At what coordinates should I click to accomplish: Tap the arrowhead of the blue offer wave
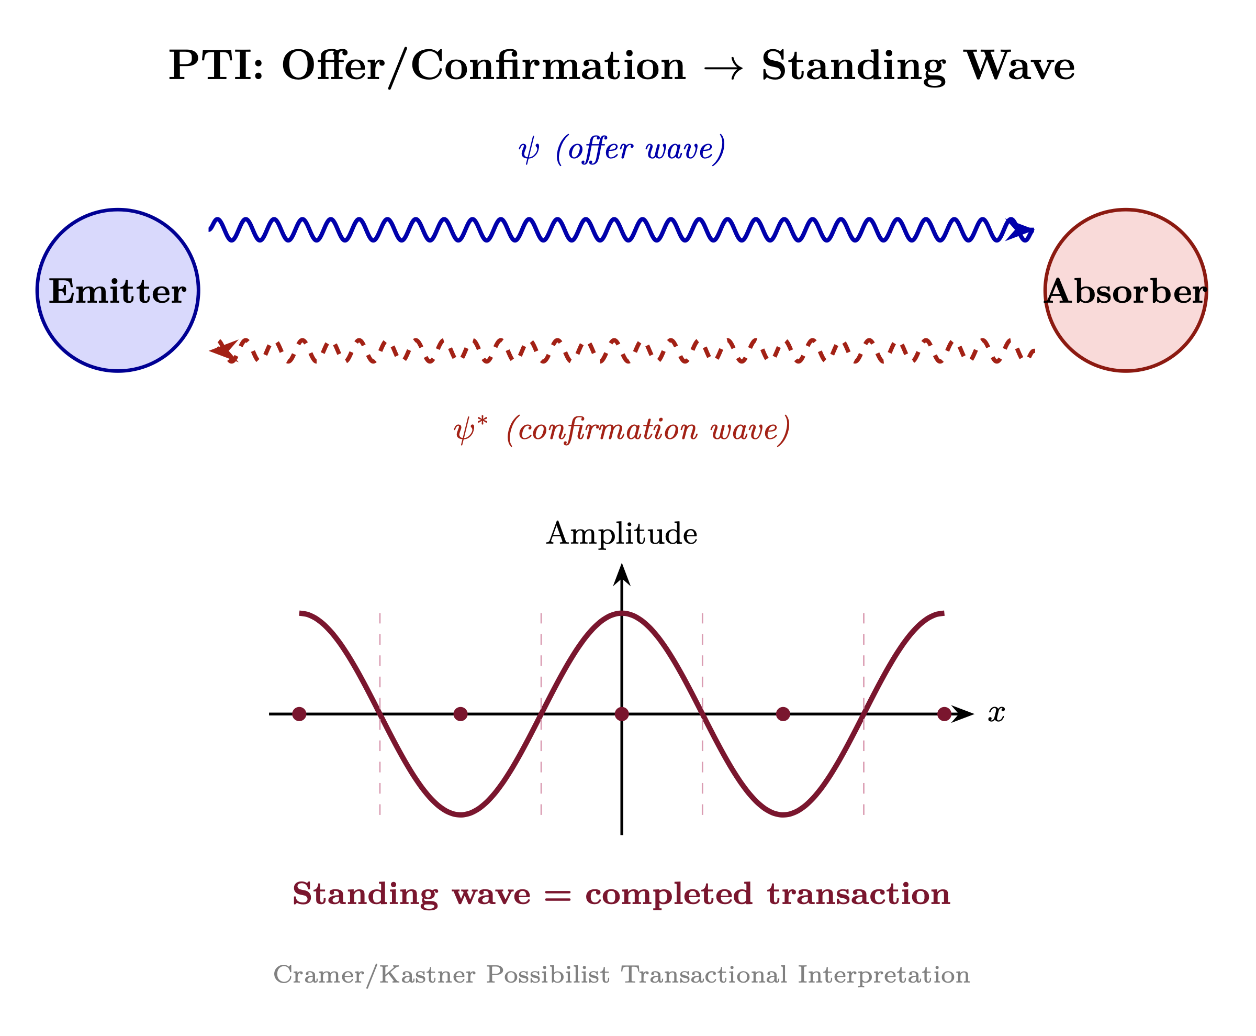click(x=1021, y=230)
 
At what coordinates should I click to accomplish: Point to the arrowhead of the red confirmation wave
click(x=222, y=350)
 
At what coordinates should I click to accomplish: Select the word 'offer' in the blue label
click(x=600, y=149)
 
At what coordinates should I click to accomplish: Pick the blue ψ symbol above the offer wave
click(x=529, y=150)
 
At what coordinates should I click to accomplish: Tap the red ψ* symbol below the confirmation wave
click(x=470, y=429)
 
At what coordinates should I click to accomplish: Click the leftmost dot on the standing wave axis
click(x=299, y=714)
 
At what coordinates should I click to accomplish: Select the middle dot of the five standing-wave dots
click(x=621, y=714)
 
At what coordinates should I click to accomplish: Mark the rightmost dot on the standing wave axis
click(x=944, y=714)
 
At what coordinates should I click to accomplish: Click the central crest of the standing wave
click(x=621, y=613)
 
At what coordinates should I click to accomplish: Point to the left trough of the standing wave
click(x=461, y=814)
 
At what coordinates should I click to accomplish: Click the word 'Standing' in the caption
click(x=365, y=895)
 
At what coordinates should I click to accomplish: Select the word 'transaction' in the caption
click(x=858, y=895)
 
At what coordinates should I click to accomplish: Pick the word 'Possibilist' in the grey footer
click(x=547, y=975)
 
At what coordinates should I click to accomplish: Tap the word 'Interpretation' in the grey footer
click(x=883, y=975)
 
